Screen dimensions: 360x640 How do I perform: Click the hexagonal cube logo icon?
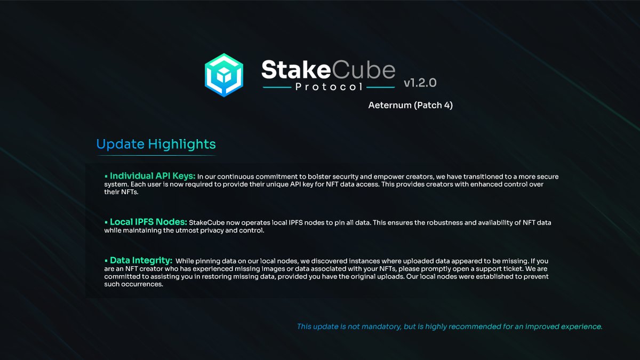pyautogui.click(x=224, y=75)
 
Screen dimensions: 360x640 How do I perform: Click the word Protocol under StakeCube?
pyautogui.click(x=329, y=86)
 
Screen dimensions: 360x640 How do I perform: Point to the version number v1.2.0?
pyautogui.click(x=420, y=83)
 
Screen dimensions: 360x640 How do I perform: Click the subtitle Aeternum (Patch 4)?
pyautogui.click(x=410, y=105)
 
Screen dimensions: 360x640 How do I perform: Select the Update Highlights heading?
pyautogui.click(x=156, y=144)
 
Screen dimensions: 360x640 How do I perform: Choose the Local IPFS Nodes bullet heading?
pyautogui.click(x=148, y=222)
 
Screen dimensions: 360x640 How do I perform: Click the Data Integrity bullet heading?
pyautogui.click(x=141, y=260)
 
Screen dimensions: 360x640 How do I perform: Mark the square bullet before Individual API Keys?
pyautogui.click(x=106, y=176)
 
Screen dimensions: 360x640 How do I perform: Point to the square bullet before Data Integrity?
pyautogui.click(x=106, y=260)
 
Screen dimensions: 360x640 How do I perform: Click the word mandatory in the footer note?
pyautogui.click(x=379, y=326)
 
